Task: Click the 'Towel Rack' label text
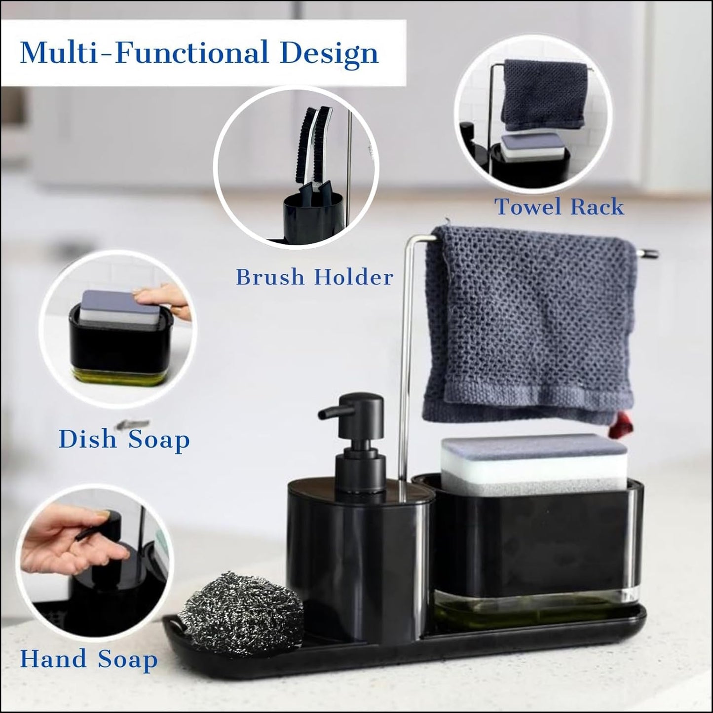559,207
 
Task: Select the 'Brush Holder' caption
314,277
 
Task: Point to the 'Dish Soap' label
124,439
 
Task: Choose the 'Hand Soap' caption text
89,659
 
